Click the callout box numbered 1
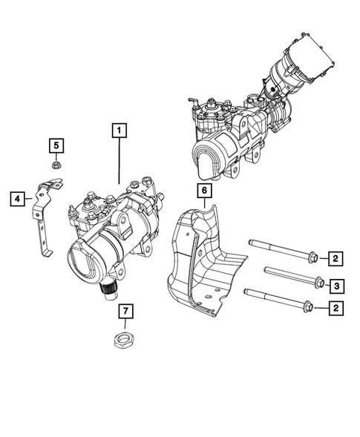coord(119,131)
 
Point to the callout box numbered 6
coord(201,190)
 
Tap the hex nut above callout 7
coord(124,341)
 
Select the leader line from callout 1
coord(119,163)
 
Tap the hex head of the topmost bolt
coord(312,259)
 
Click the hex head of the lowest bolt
coord(309,306)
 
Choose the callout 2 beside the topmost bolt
coord(336,259)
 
